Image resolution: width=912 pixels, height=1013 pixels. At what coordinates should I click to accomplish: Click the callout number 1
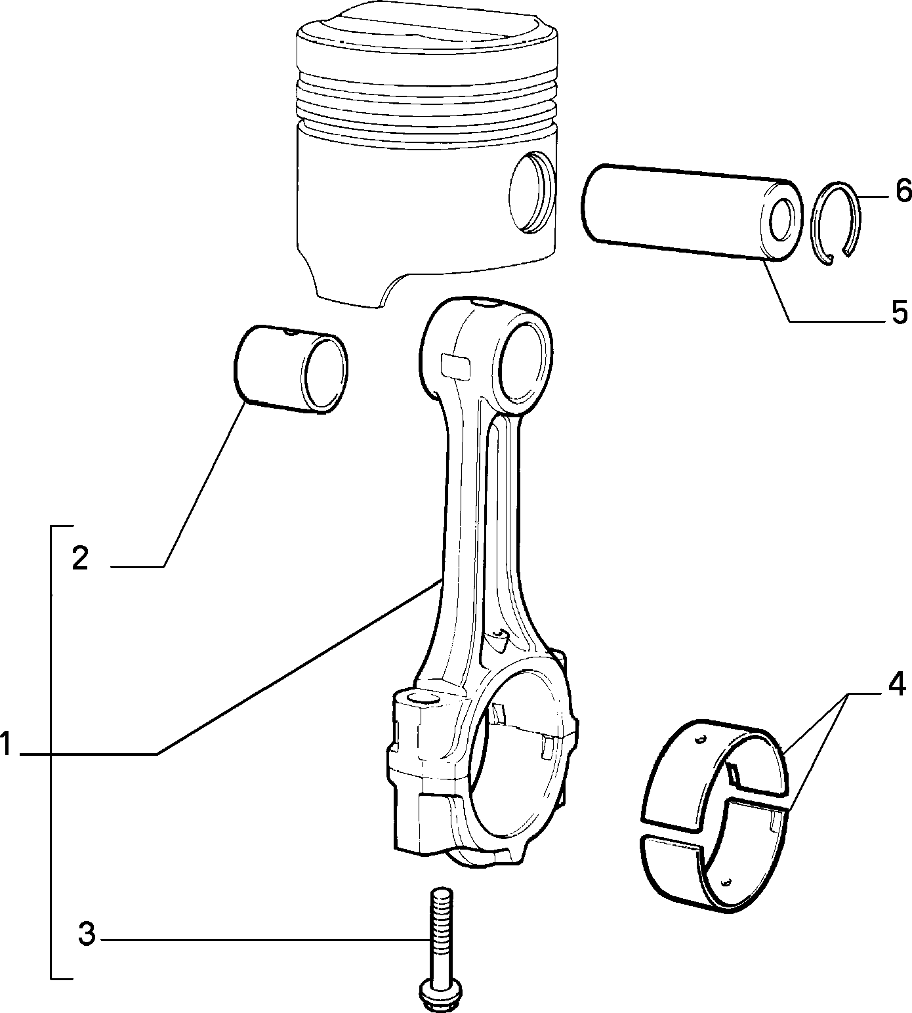[x=6, y=745]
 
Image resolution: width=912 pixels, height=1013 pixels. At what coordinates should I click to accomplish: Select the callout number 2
[x=80, y=558]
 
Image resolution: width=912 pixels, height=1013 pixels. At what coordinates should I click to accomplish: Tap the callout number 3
[x=87, y=934]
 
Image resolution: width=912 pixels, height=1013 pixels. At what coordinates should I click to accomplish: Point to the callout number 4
[x=896, y=684]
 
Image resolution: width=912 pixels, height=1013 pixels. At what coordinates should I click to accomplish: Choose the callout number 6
[x=903, y=191]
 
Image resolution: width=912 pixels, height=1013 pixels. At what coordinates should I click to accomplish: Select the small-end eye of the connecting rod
[x=524, y=363]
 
